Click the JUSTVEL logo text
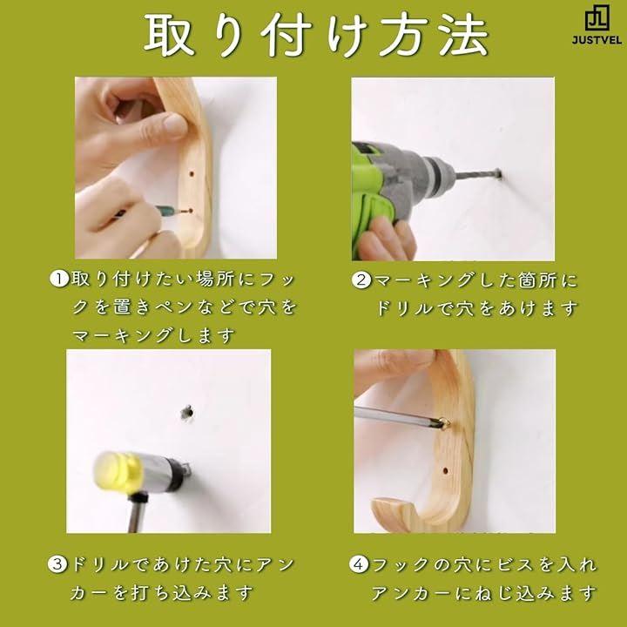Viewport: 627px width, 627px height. pyautogui.click(x=597, y=40)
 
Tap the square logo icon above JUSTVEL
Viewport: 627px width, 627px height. pyautogui.click(x=597, y=19)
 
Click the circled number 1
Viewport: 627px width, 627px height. pyautogui.click(x=59, y=279)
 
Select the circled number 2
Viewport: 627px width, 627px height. pyautogui.click(x=361, y=280)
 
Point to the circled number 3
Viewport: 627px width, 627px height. pyautogui.click(x=57, y=564)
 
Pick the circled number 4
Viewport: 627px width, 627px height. pyautogui.click(x=358, y=564)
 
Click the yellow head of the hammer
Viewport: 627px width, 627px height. pyautogui.click(x=118, y=471)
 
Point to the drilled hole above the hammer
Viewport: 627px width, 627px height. pyautogui.click(x=186, y=412)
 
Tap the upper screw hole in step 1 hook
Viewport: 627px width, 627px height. pyautogui.click(x=192, y=174)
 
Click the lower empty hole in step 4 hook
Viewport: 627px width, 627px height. pyautogui.click(x=445, y=470)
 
